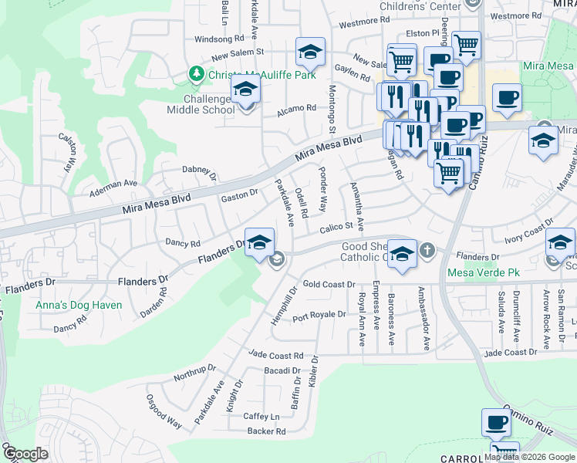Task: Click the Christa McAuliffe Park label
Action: [x=262, y=74]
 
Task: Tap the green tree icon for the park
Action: [x=197, y=74]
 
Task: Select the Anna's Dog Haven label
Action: [x=79, y=305]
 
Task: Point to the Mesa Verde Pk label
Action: [x=484, y=272]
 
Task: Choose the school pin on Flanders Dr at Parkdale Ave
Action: [x=259, y=242]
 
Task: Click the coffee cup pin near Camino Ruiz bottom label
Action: [x=496, y=423]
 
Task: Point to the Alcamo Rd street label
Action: [x=297, y=109]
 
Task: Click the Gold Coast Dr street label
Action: [x=329, y=284]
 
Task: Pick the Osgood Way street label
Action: [x=164, y=412]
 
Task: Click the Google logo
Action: [x=25, y=455]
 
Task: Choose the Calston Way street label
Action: [x=69, y=150]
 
